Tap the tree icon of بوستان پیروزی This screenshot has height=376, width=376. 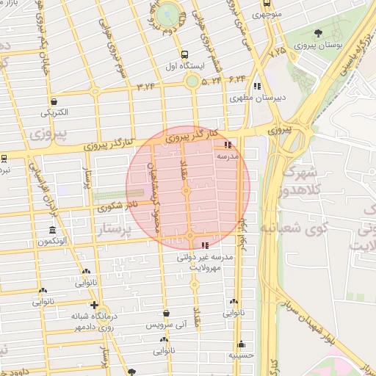[318, 33]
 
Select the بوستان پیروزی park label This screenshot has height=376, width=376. [314, 46]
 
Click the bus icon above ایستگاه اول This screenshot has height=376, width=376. [184, 54]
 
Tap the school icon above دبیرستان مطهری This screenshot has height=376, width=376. [256, 86]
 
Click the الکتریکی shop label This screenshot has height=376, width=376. [54, 112]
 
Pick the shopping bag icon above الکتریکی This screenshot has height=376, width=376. [54, 101]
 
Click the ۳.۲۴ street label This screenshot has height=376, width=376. [146, 87]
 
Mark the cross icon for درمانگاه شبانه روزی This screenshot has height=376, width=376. [94, 305]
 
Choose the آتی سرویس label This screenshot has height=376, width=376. [166, 324]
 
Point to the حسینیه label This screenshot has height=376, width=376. [242, 354]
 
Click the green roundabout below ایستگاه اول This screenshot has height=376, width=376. [192, 82]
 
